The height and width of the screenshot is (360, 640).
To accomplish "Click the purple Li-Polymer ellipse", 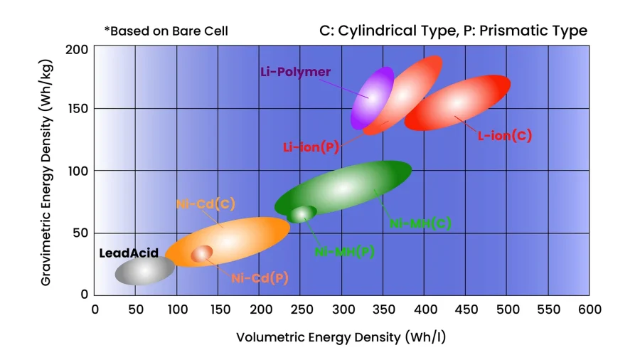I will coord(372,97).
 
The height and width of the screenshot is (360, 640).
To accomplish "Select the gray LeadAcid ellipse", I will coord(144,270).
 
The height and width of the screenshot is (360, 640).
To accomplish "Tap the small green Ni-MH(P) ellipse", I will coord(302,213).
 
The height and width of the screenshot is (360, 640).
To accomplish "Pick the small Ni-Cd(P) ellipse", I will coord(202,253).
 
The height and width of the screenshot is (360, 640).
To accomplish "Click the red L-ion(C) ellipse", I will coord(457,103).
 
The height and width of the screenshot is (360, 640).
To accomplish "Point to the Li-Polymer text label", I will coord(295,72).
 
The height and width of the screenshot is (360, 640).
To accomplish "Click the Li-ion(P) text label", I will coord(311,147).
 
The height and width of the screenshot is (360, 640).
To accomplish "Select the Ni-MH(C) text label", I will coord(421,223).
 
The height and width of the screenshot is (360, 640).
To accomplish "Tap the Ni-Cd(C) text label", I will coord(206,204).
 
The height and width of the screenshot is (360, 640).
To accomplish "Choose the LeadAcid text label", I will coord(129,253).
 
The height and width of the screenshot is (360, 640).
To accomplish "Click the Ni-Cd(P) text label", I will coord(260,278).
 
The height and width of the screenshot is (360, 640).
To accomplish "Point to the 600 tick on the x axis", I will coord(589,309).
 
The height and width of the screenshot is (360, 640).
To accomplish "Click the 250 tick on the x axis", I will coord(301,309).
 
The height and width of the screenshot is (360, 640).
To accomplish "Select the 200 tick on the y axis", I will coord(80,50).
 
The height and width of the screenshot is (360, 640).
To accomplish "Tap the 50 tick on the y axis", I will coord(82,233).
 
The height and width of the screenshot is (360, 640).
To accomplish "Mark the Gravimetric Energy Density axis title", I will coord(46,171).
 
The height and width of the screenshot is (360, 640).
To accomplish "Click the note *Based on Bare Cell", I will coord(166,31).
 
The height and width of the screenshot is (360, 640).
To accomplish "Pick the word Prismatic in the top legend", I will coord(522,31).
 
